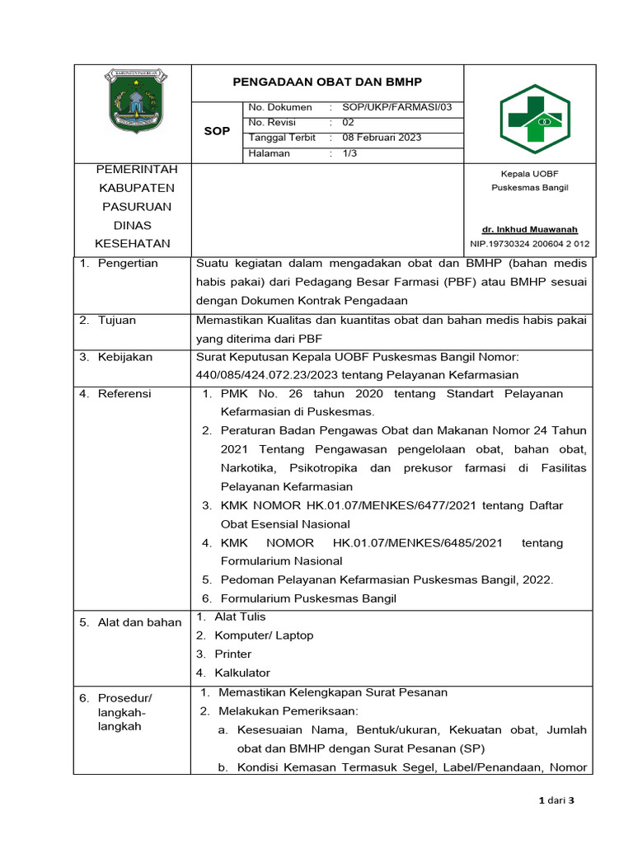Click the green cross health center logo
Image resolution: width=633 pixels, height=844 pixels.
click(535, 119)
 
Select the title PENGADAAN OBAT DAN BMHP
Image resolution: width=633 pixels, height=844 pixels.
click(327, 82)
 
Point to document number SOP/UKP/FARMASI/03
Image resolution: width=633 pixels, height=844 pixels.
click(392, 107)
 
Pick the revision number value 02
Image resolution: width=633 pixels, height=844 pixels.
click(349, 123)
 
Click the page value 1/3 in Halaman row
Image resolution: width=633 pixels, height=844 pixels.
click(348, 153)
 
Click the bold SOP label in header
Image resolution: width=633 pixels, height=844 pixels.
click(217, 131)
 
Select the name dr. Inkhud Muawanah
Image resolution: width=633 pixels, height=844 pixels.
click(530, 229)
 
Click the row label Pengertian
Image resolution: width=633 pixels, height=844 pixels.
click(127, 264)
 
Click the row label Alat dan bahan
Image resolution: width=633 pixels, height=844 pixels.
click(130, 622)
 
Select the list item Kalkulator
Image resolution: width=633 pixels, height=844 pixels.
click(242, 673)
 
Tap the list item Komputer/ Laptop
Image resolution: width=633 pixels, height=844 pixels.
click(264, 635)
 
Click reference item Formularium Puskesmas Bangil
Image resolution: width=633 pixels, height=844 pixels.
click(308, 598)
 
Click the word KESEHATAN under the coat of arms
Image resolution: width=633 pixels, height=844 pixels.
click(133, 243)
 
